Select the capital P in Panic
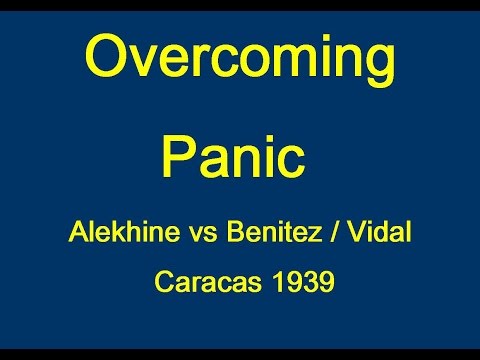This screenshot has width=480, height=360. [180, 157]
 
